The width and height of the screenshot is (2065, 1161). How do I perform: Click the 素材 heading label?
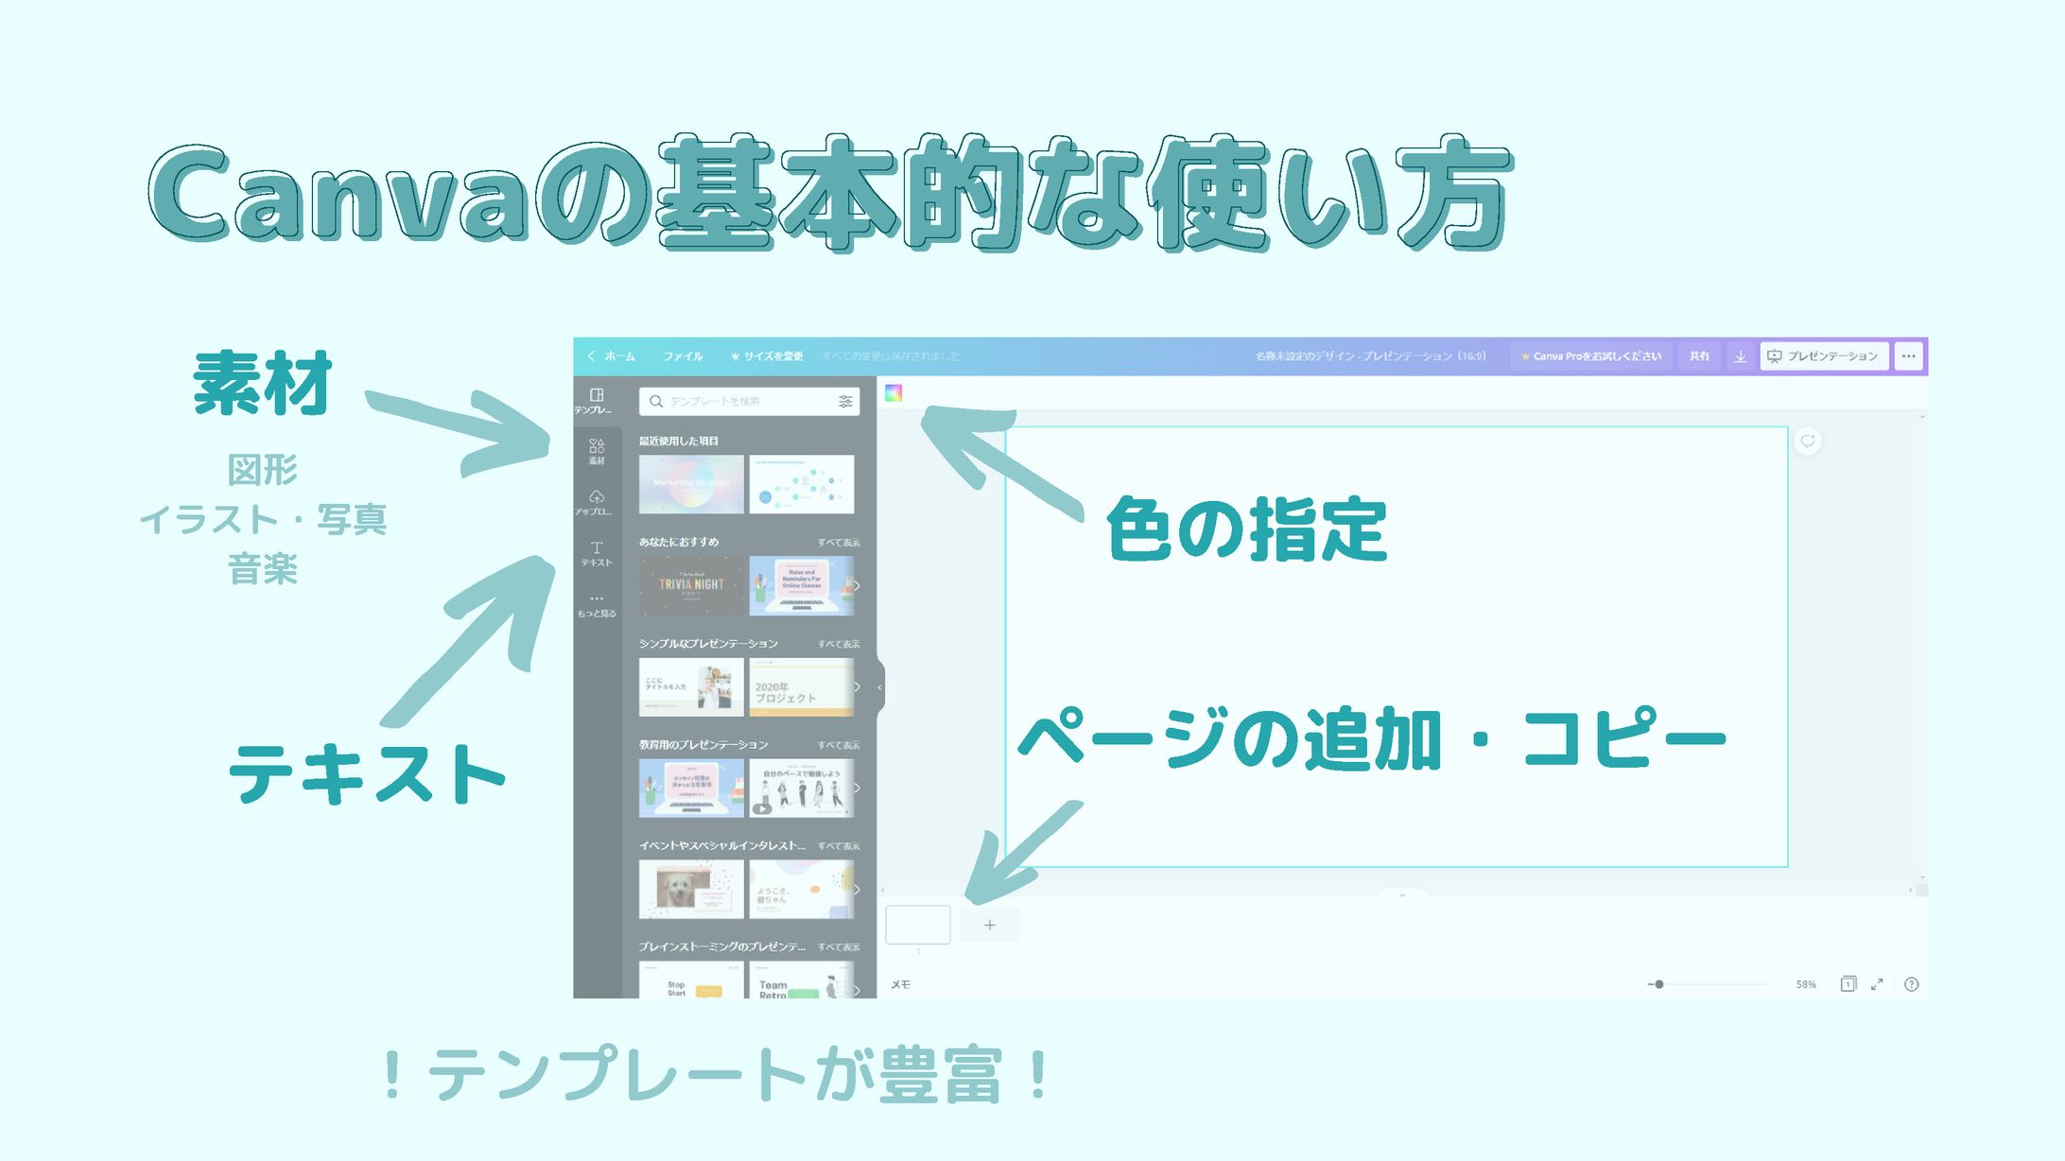tap(263, 383)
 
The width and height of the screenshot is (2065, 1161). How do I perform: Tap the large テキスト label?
tap(367, 773)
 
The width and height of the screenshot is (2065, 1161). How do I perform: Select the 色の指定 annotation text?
tap(1246, 529)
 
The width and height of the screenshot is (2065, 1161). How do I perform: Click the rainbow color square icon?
tap(894, 393)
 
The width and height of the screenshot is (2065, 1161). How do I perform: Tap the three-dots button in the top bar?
tap(1908, 356)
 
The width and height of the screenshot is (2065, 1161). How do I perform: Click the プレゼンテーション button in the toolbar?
tap(1823, 356)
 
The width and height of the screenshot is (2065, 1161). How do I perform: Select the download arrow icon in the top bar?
tap(1740, 356)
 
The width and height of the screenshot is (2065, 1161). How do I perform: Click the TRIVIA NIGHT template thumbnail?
tap(691, 585)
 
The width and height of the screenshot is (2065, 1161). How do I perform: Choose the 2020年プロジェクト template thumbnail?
tap(801, 687)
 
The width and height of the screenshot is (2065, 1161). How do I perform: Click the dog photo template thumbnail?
tap(691, 889)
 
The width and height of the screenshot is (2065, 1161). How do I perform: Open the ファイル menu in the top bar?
tap(683, 356)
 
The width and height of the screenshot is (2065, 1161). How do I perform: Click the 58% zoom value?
tap(1806, 984)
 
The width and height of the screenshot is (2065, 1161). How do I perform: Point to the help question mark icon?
tap(1911, 984)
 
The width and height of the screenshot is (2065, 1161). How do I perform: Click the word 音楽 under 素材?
tap(263, 569)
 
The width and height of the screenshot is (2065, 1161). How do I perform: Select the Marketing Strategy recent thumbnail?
tap(691, 484)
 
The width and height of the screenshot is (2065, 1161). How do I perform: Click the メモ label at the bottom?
tap(900, 984)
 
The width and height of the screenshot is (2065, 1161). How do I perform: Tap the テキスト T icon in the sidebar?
tap(597, 552)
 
